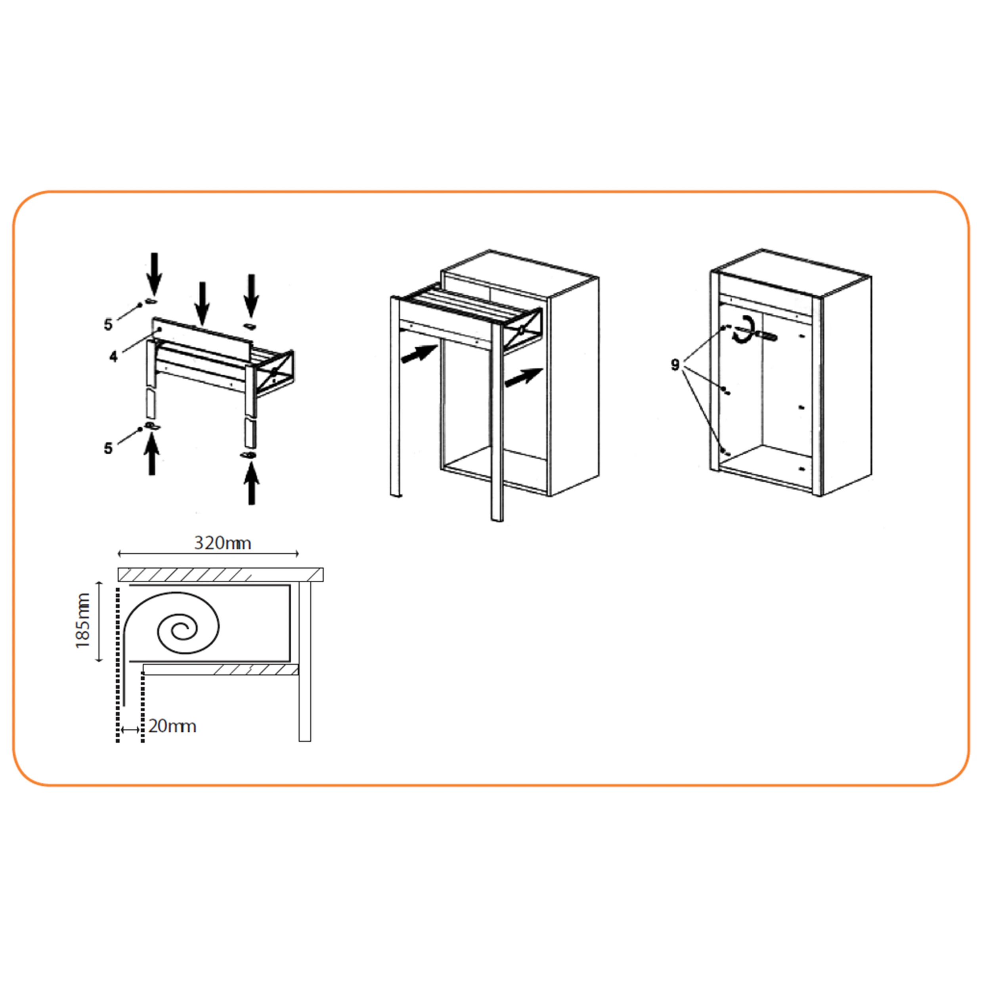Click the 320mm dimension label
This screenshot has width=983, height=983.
click(x=222, y=543)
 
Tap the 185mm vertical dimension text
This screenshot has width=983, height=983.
click(x=82, y=621)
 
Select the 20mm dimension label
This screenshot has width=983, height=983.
click(x=172, y=726)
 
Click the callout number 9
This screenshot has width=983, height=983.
click(x=675, y=365)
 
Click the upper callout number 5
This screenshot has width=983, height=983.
click(x=108, y=325)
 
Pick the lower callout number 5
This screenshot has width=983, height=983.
click(x=108, y=448)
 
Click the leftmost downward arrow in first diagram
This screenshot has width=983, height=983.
click(x=154, y=274)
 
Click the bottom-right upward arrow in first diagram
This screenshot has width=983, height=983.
click(x=251, y=484)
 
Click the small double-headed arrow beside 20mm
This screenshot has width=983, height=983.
click(x=131, y=730)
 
